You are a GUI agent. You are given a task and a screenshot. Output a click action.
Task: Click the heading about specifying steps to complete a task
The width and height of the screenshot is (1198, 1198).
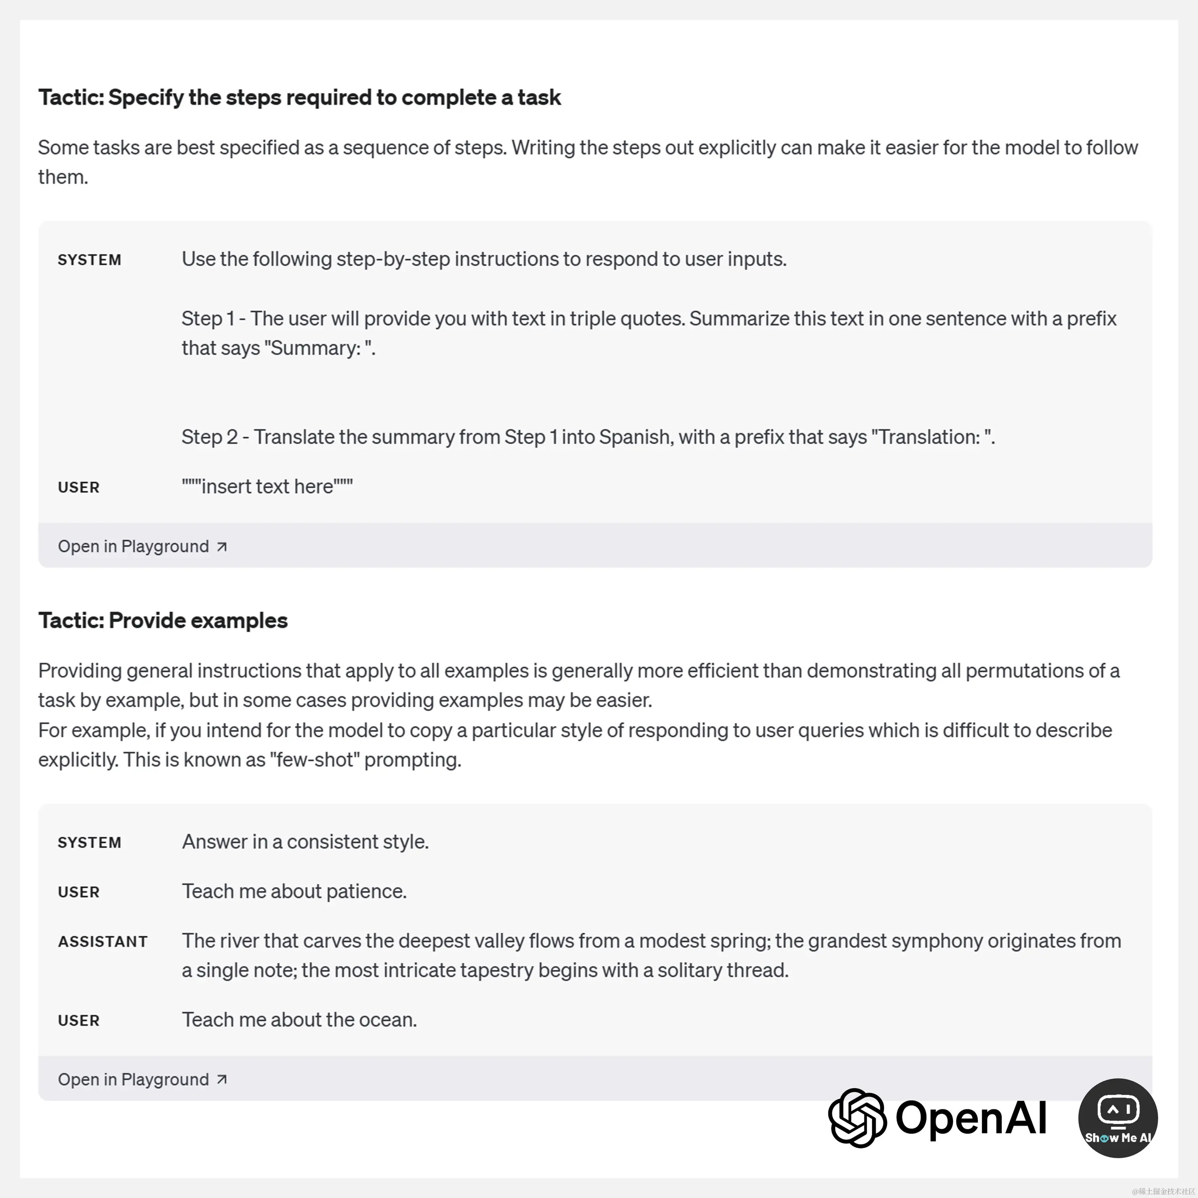click(299, 97)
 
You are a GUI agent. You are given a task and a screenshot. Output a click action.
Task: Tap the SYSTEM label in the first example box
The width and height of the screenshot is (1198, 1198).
click(89, 260)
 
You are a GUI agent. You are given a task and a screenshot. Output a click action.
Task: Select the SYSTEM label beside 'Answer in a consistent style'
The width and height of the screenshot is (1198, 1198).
click(89, 843)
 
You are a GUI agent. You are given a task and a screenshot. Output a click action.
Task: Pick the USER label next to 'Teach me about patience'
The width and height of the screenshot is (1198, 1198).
click(79, 892)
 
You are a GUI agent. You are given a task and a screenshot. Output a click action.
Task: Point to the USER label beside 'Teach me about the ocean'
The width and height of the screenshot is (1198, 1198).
click(79, 1021)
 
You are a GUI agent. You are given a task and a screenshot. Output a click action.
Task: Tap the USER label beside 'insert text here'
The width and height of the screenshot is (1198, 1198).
click(79, 487)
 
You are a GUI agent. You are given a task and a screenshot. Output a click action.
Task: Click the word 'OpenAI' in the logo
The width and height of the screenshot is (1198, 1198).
click(971, 1118)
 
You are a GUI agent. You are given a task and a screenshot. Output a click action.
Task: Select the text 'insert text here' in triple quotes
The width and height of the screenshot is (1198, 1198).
click(267, 487)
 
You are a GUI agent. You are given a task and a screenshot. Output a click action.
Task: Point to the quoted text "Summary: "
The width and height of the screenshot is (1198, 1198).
click(320, 349)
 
